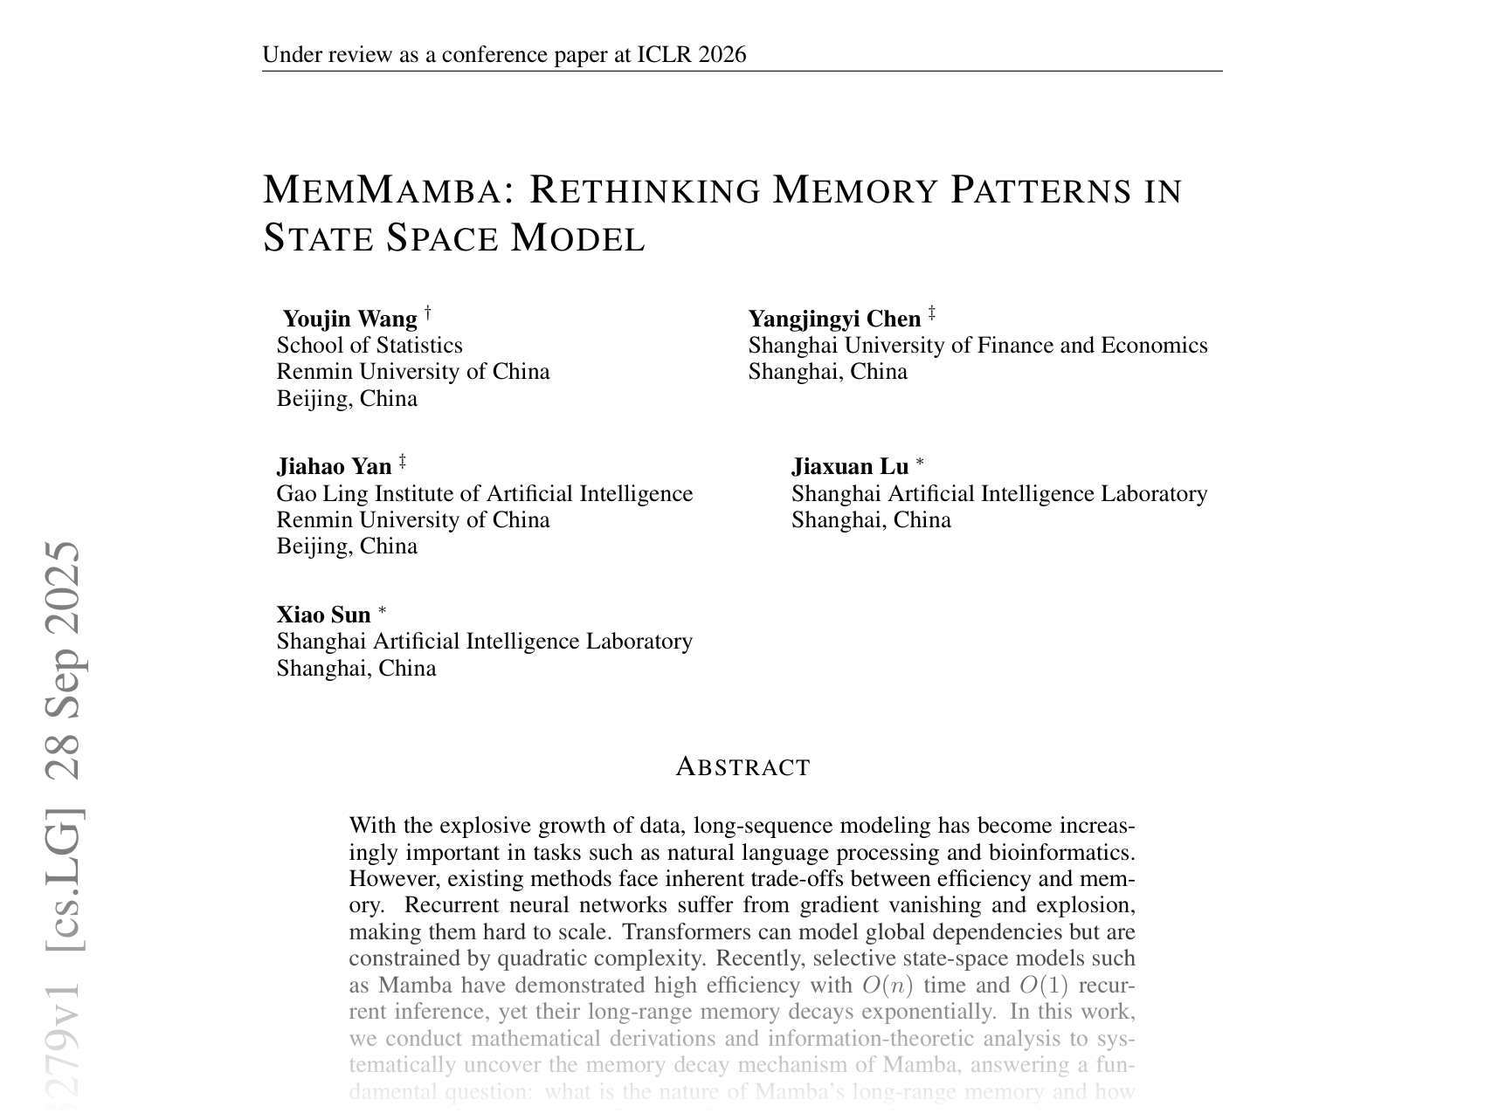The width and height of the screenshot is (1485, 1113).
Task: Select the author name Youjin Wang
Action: point(350,319)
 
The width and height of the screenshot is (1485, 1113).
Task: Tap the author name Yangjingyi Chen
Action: point(834,319)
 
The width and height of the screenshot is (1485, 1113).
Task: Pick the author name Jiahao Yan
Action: point(334,467)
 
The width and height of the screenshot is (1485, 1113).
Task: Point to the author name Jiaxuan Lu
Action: point(850,467)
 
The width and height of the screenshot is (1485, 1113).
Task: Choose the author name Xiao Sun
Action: point(323,615)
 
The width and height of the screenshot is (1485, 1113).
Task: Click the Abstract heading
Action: point(742,767)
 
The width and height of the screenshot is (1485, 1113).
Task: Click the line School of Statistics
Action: point(370,346)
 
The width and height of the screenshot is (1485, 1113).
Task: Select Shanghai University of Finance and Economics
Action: point(977,346)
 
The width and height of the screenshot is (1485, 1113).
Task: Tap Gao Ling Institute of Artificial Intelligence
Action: point(485,494)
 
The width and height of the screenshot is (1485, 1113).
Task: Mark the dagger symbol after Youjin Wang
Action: point(428,312)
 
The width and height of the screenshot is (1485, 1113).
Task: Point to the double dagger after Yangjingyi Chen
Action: point(932,312)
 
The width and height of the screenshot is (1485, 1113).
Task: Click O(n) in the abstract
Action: point(887,986)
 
